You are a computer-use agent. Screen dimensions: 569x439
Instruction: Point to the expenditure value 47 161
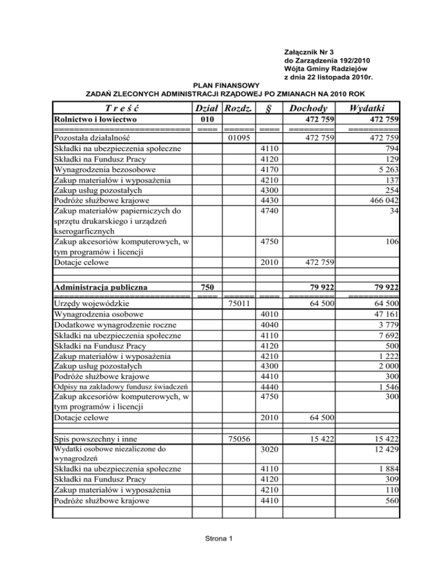pyautogui.click(x=384, y=315)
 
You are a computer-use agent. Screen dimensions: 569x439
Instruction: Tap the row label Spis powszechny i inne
pyautogui.click(x=94, y=439)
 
